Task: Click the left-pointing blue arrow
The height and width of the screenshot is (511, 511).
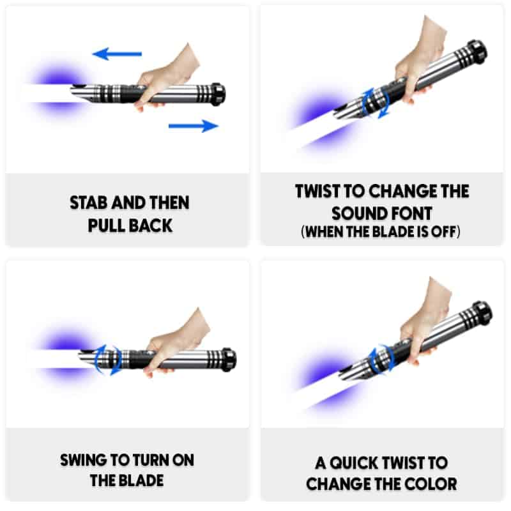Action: tap(117, 54)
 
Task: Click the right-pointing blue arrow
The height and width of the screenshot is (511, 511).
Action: tap(194, 126)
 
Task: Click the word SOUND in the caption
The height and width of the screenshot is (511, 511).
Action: tap(356, 214)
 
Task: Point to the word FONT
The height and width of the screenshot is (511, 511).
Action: tap(408, 214)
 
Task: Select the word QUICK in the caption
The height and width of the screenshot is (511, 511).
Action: tap(354, 463)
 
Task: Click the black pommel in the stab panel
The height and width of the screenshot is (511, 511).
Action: tap(217, 94)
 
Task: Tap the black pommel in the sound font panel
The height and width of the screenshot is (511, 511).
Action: tap(477, 52)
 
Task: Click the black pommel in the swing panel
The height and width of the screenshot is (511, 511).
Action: tap(229, 360)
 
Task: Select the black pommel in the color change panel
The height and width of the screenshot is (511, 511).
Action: tap(482, 314)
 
